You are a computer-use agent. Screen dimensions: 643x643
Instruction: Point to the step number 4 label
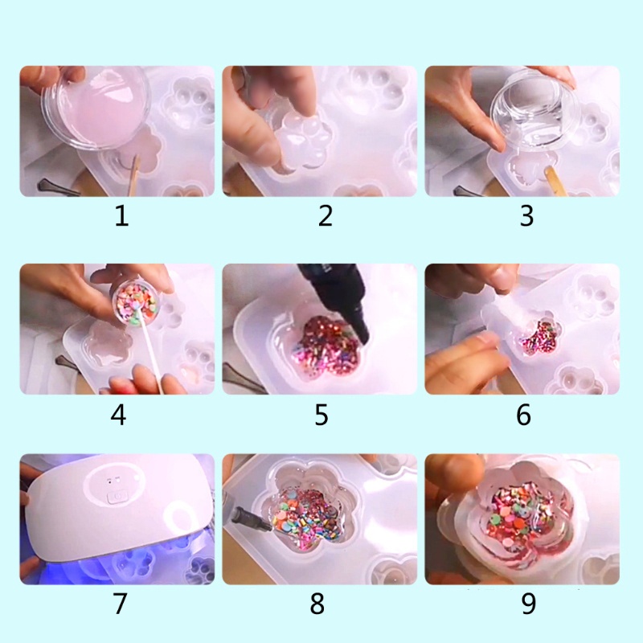pos(119,415)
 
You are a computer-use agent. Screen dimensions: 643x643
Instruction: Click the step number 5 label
pos(321,415)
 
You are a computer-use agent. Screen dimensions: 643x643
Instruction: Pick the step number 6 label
pos(524,415)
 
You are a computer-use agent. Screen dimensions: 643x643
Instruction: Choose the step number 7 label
pos(121,604)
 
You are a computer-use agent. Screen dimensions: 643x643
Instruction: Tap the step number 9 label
pos(528,604)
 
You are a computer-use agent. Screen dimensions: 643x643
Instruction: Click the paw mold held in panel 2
pos(301,141)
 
